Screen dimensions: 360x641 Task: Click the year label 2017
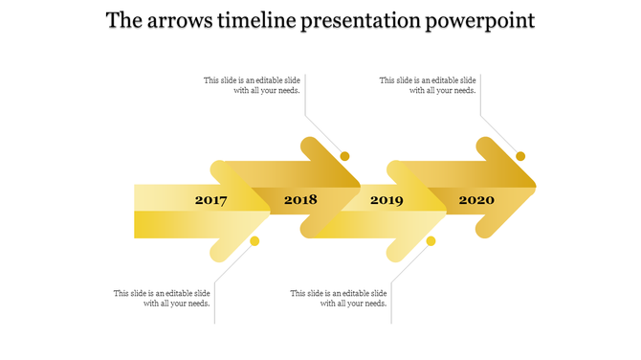(210, 200)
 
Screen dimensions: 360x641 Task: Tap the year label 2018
(300, 200)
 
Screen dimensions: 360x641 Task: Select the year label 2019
(387, 200)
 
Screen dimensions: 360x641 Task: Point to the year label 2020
(476, 200)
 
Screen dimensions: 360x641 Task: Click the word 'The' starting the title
(124, 21)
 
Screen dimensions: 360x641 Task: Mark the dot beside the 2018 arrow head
(345, 156)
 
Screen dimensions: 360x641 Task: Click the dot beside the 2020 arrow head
(521, 156)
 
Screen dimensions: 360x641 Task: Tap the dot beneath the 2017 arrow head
(254, 241)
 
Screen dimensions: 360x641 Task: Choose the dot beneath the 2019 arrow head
(431, 241)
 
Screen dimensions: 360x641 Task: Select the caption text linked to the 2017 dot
(162, 298)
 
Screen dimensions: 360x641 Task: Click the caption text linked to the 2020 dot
(428, 85)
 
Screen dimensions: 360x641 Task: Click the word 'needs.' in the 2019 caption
(373, 304)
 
